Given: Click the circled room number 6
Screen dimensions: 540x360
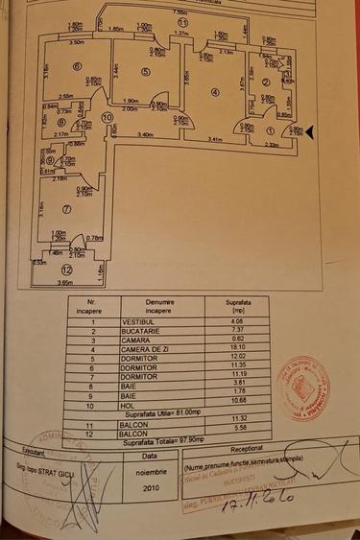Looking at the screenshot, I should [76, 66].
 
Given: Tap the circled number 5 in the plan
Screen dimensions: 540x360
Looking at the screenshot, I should [146, 71].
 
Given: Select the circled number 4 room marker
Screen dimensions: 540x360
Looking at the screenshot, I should [215, 93].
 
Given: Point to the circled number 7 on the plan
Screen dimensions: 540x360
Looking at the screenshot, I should [66, 208].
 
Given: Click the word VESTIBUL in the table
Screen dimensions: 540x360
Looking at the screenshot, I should [143, 320].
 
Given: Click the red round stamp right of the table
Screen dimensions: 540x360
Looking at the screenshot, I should [299, 381].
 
